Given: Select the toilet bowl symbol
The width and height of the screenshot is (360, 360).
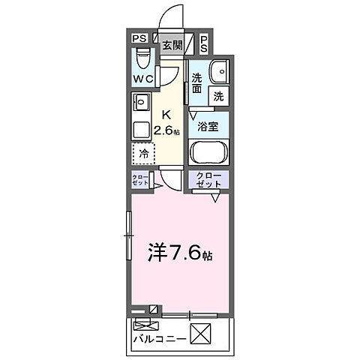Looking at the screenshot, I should [143, 58].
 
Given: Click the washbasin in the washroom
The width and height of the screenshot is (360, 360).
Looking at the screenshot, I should [218, 72].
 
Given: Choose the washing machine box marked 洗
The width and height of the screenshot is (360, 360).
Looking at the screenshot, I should [218, 95].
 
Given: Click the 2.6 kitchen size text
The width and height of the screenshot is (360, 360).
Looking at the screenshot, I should [166, 130].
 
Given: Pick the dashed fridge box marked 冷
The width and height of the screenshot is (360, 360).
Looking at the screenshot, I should [143, 154].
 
